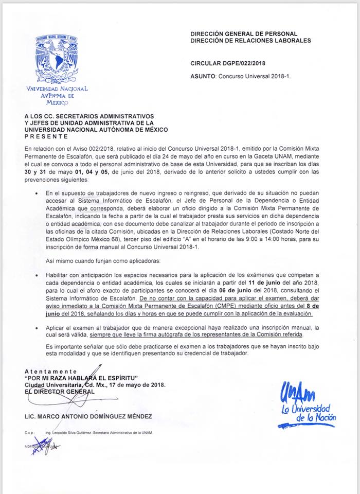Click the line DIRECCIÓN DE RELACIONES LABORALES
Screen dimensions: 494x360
tap(250, 40)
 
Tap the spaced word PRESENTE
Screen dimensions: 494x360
tap(46, 136)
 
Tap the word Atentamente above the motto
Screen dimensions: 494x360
tap(50, 371)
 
